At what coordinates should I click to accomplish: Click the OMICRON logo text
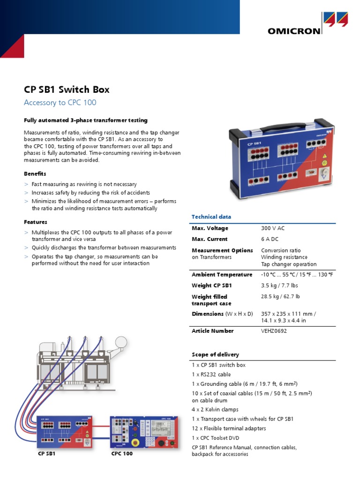point(294,31)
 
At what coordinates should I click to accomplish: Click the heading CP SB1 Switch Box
point(67,90)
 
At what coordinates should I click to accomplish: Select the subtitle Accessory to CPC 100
point(60,103)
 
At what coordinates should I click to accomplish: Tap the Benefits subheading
point(35,174)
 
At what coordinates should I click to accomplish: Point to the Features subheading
point(36,222)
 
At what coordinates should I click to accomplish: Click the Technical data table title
point(211,217)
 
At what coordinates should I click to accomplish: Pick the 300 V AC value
point(273,228)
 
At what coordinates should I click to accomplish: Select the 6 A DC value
point(270,239)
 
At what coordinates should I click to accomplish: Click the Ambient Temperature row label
point(221,275)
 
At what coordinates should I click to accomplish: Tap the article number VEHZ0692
point(274,331)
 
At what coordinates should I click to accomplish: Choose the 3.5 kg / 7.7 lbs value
point(279,285)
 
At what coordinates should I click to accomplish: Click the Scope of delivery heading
point(215,354)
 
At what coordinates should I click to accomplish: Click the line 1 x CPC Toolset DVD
point(219,438)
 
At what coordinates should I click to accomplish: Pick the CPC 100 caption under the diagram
point(122,454)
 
